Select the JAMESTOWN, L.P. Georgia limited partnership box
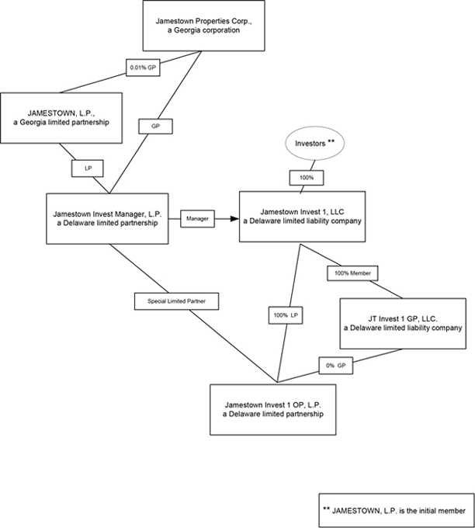tap(61, 118)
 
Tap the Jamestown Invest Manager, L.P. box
tap(107, 217)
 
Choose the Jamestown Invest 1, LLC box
tap(301, 216)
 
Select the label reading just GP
tap(154, 124)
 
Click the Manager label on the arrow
tap(197, 219)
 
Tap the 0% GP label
tap(335, 365)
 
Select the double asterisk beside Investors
tap(331, 141)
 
